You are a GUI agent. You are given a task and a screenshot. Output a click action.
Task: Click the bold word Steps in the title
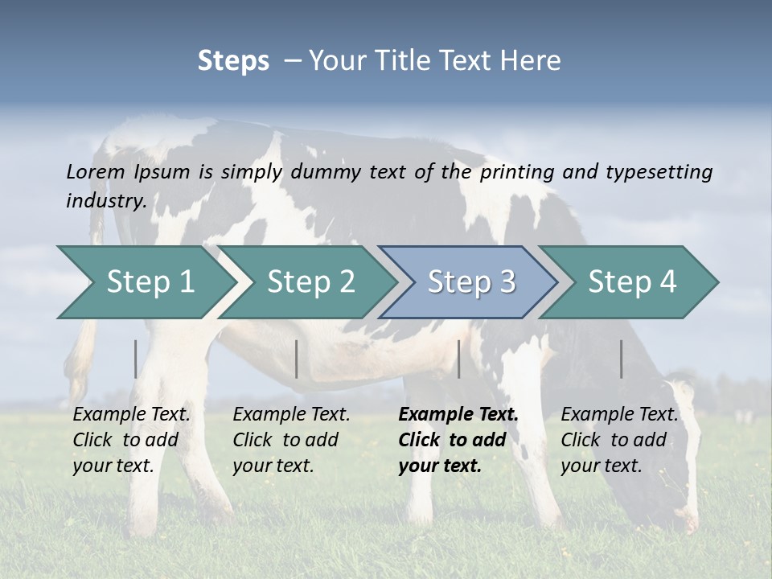(233, 60)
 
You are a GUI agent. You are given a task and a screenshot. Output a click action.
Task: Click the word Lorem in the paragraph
(96, 171)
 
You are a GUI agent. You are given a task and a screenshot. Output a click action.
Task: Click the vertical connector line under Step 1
(136, 359)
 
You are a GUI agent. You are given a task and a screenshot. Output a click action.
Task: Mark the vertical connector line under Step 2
(297, 359)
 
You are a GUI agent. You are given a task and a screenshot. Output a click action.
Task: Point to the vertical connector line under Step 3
(458, 359)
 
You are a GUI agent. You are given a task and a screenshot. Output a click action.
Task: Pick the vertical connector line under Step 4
(622, 359)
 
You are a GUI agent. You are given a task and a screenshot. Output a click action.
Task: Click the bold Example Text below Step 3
(458, 415)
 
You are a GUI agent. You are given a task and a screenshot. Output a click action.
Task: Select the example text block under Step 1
(131, 440)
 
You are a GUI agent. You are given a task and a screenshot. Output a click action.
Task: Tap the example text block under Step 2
(291, 440)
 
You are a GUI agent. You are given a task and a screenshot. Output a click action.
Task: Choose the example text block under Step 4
(619, 440)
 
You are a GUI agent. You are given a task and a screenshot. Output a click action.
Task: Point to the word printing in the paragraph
(517, 171)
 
